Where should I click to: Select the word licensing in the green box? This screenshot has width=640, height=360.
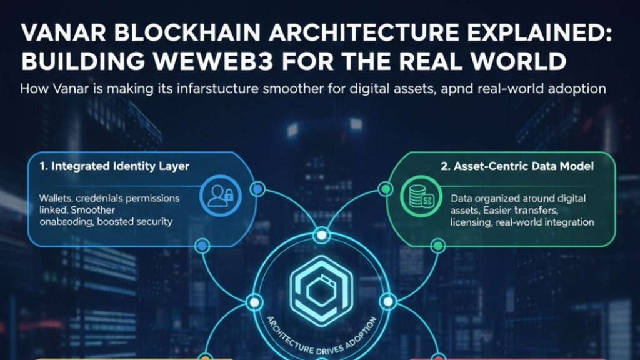(x=471, y=222)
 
